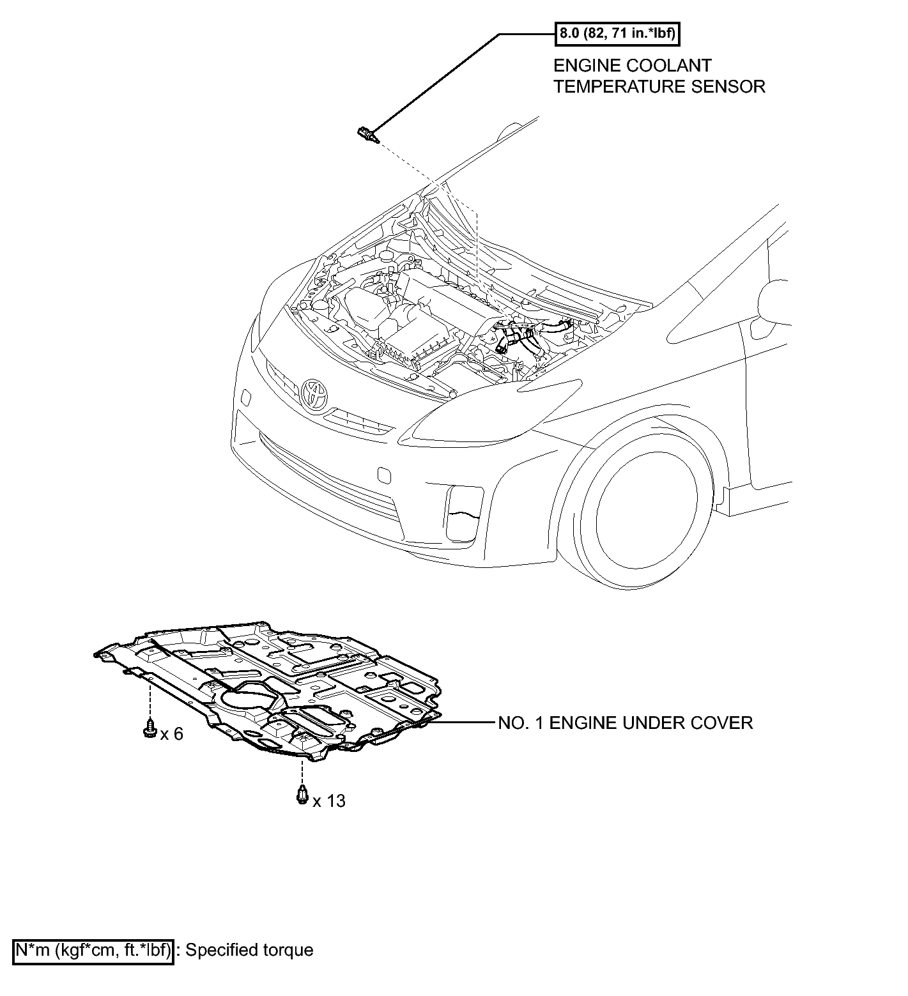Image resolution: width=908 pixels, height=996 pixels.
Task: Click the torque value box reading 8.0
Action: tap(616, 33)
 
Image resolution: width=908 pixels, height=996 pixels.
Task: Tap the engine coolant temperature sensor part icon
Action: tap(367, 134)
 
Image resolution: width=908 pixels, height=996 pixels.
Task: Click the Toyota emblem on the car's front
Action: tap(313, 394)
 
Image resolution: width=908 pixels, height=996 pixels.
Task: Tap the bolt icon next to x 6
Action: tap(150, 728)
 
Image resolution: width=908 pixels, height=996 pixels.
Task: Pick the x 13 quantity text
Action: tap(329, 801)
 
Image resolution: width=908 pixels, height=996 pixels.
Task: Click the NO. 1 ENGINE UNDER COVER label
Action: tap(626, 723)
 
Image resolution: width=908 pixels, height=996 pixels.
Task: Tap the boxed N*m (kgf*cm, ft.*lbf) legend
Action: tap(93, 950)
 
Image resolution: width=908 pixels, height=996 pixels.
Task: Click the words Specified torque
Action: tap(249, 950)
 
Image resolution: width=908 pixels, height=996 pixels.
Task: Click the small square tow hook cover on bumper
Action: tap(385, 475)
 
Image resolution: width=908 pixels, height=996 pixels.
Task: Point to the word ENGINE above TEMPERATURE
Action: tap(584, 65)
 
